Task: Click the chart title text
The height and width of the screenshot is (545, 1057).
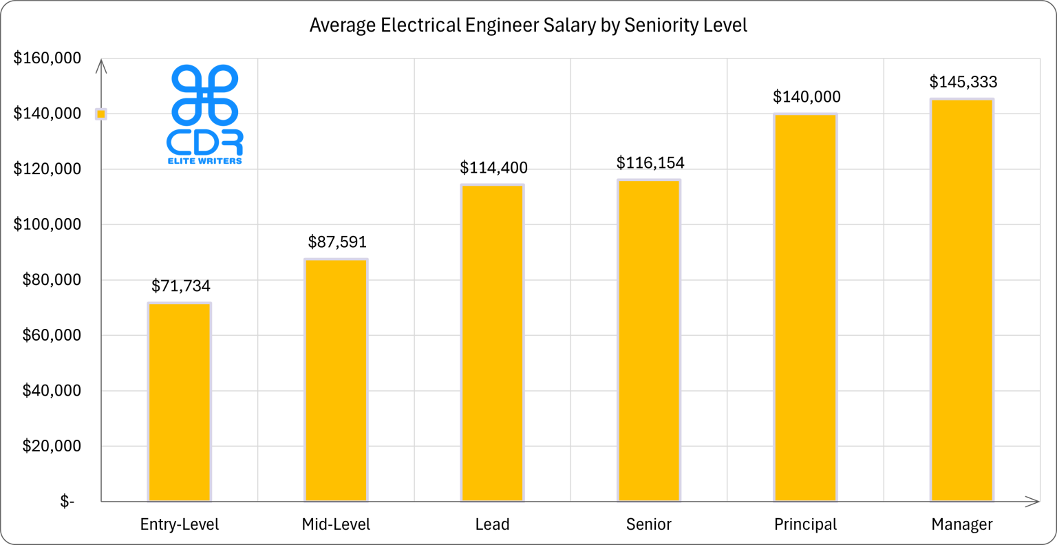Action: [x=528, y=25]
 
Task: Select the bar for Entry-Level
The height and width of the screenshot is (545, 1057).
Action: [x=180, y=402]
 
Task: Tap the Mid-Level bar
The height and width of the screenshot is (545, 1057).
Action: [x=336, y=380]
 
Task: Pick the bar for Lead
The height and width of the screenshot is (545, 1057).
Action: [x=493, y=343]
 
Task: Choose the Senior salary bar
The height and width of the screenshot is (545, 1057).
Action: [x=649, y=341]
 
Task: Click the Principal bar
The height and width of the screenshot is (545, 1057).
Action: [x=805, y=308]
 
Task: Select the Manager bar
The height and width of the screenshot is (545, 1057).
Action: [x=962, y=300]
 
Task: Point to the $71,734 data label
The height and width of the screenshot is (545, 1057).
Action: [x=181, y=286]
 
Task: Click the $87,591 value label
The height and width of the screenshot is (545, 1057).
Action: [x=337, y=242]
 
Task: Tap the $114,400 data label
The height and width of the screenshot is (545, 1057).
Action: [x=493, y=168]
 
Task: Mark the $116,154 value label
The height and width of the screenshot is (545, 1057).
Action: [x=650, y=163]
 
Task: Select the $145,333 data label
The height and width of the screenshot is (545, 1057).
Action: [x=963, y=83]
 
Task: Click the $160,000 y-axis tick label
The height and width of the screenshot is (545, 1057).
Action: [x=47, y=58]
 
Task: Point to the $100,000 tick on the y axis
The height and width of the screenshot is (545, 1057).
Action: [x=47, y=224]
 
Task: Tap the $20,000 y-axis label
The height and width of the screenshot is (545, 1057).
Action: [x=52, y=446]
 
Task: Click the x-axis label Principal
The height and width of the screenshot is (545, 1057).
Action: [x=805, y=524]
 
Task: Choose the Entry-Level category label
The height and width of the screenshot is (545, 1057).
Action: [x=180, y=524]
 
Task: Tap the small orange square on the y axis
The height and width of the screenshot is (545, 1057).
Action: [x=100, y=114]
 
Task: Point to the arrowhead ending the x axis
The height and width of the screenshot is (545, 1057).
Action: [x=1032, y=502]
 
